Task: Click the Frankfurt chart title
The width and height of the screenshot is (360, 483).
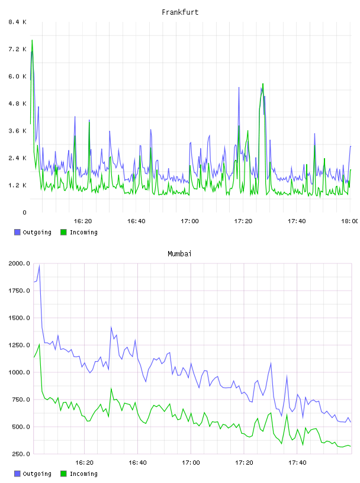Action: coord(180,12)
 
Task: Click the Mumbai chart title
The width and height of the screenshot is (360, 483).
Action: coord(179,254)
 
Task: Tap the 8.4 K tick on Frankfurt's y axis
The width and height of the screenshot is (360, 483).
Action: coord(17,22)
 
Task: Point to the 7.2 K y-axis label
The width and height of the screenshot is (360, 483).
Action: coord(17,49)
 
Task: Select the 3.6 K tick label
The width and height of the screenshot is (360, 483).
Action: coord(17,131)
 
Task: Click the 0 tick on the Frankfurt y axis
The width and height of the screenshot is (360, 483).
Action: coord(24,212)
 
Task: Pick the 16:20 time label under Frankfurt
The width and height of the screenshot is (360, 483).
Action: coord(83,221)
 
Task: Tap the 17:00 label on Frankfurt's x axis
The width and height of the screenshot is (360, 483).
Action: coord(189,221)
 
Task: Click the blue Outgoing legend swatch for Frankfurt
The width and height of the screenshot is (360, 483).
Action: coord(17,232)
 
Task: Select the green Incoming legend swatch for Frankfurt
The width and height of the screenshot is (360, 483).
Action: coord(63,232)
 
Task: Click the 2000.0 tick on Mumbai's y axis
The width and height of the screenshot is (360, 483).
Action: coord(19,263)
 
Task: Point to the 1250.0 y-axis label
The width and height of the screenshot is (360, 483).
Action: coord(19,345)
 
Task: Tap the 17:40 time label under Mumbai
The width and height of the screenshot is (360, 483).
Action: coord(297,463)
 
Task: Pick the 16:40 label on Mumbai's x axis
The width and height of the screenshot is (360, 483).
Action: coord(137,463)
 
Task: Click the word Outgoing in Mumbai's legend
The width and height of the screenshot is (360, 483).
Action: coord(37,474)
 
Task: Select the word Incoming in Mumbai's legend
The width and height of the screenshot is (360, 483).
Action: coord(83,474)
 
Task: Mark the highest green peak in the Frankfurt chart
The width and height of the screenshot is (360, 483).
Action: coord(32,40)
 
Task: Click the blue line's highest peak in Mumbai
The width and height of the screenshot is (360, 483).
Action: coord(39,266)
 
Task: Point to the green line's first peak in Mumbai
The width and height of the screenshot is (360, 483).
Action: coord(39,344)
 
